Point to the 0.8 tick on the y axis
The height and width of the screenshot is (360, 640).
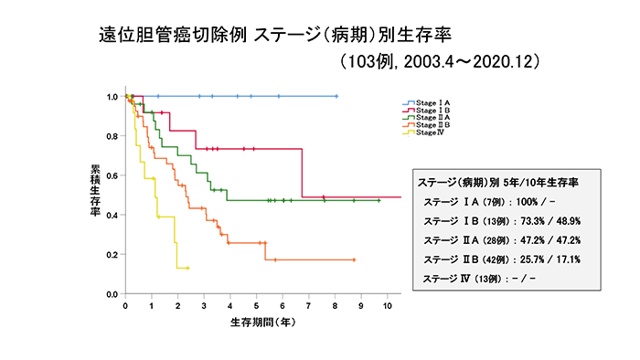[112, 136]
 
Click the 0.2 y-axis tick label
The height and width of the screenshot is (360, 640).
[112, 255]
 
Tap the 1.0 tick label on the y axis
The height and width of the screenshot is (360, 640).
[112, 97]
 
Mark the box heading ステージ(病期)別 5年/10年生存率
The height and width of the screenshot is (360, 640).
[496, 181]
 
